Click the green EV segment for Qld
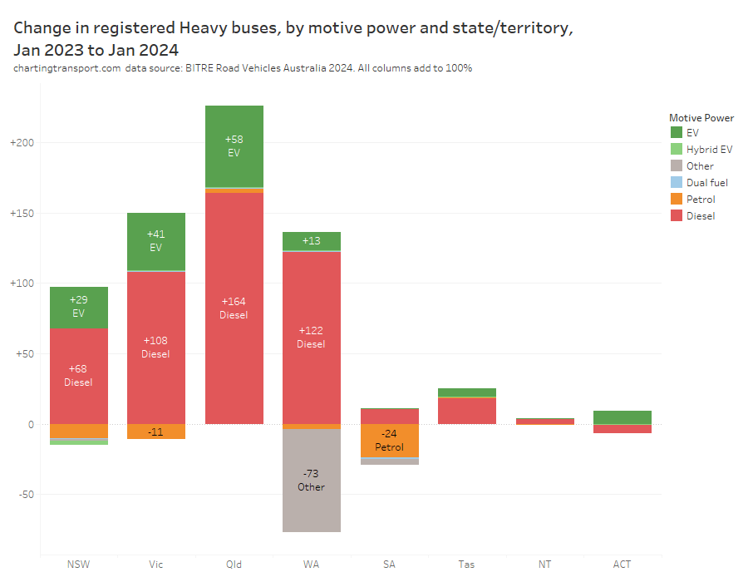click(234, 146)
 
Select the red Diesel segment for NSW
click(78, 376)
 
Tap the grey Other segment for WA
click(311, 481)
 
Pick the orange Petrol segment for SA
click(389, 441)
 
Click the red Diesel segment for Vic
click(155, 348)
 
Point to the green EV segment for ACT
click(622, 417)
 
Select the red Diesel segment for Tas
click(466, 412)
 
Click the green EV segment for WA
click(311, 241)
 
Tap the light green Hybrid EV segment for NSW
click(78, 441)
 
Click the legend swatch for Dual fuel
click(676, 182)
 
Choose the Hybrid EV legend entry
click(709, 149)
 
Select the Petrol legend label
click(701, 199)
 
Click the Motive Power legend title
click(701, 118)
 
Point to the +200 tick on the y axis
click(22, 143)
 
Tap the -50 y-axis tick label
click(24, 495)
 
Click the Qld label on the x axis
click(234, 565)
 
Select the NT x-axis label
click(544, 565)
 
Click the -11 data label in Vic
click(155, 432)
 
